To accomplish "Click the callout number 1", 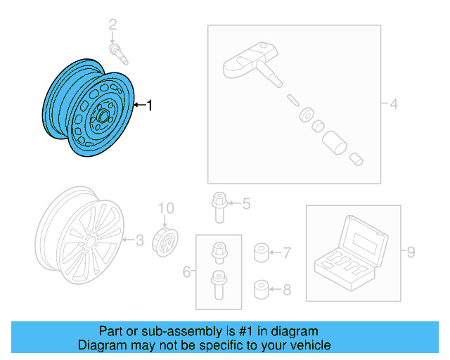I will [149, 105].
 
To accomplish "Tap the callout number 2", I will [112, 26].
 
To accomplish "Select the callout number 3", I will [139, 241].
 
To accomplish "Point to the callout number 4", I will [394, 105].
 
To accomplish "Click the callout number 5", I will [246, 205].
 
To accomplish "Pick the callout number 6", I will [186, 271].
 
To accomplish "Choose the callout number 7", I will [287, 252].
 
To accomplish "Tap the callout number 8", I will [287, 288].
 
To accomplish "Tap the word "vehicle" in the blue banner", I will [311, 345].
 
